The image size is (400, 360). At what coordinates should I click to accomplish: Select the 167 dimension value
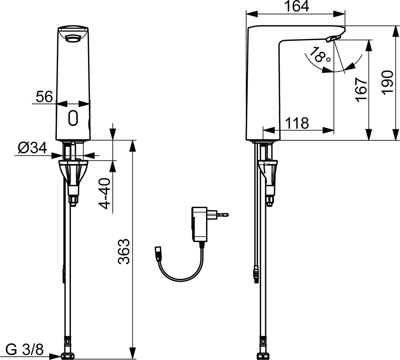click(x=362, y=90)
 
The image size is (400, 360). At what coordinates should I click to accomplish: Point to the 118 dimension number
click(x=297, y=123)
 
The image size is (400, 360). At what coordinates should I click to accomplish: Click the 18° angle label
click(x=319, y=55)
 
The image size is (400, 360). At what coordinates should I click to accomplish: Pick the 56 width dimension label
click(x=44, y=96)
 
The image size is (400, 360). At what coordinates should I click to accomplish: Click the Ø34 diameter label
click(x=33, y=148)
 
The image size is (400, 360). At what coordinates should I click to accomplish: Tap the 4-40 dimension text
click(x=104, y=194)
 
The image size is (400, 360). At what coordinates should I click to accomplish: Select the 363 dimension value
click(x=124, y=251)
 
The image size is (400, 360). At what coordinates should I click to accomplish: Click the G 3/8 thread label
click(x=24, y=349)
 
